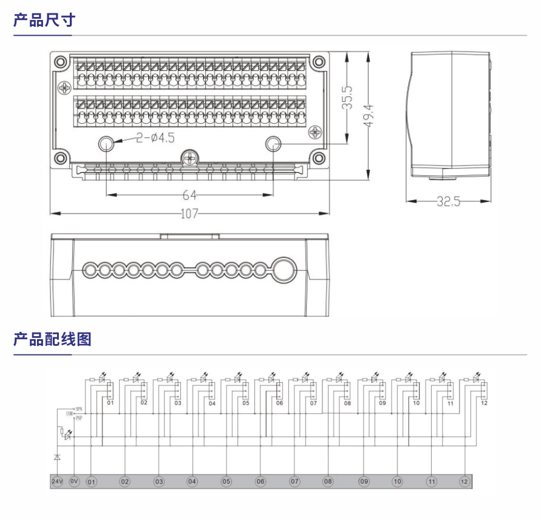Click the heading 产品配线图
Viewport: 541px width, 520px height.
[x=52, y=339]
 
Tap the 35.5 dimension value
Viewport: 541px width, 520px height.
[x=347, y=98]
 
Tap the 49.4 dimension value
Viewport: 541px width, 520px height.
[x=369, y=116]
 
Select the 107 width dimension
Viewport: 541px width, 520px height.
[x=189, y=214]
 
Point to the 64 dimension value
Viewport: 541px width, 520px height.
[x=189, y=195]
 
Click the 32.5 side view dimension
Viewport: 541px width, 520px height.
[x=448, y=202]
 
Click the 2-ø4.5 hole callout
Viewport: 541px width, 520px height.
[x=155, y=138]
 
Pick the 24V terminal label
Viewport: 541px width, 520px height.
[x=56, y=481]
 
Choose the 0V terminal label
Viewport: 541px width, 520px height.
[x=74, y=481]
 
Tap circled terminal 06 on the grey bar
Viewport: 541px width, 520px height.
[x=260, y=482]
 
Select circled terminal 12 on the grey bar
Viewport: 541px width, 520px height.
[x=464, y=482]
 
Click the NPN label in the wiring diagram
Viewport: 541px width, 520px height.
[x=78, y=409]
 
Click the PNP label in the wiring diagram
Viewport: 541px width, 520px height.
[x=78, y=418]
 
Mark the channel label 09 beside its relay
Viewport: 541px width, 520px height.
[x=382, y=403]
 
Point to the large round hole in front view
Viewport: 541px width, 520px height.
[x=283, y=269]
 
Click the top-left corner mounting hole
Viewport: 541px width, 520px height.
[x=60, y=61]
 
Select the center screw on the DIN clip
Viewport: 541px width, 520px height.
[x=190, y=158]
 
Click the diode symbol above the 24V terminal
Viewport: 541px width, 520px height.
[x=56, y=456]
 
